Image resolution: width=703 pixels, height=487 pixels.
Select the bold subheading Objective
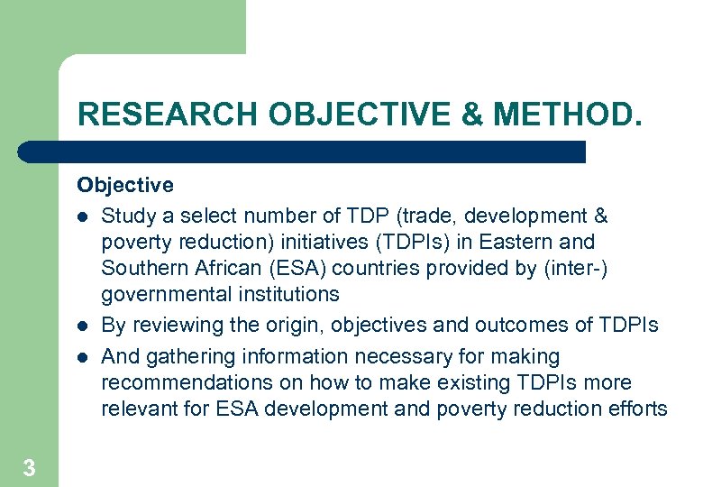click(125, 186)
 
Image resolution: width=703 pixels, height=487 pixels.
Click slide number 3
click(29, 467)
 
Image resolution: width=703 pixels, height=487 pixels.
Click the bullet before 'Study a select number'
click(82, 217)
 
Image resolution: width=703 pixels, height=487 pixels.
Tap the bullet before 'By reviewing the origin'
click(82, 326)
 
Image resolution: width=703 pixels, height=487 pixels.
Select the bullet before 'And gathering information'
click(82, 358)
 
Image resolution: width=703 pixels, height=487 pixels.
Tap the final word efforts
click(640, 409)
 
